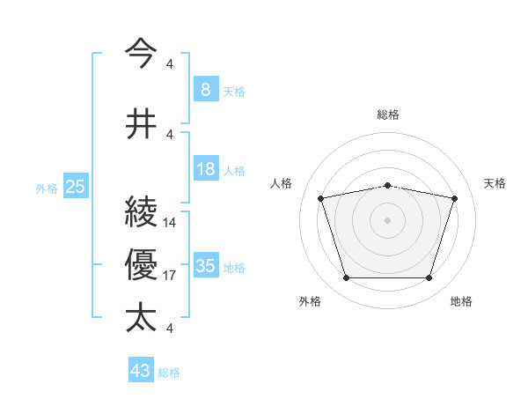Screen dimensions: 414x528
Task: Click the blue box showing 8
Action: click(205, 90)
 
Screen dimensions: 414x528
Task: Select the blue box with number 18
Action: click(205, 169)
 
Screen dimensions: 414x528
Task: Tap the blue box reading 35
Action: click(205, 266)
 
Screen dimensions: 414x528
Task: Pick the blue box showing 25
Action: click(75, 187)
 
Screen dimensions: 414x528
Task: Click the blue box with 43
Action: click(141, 371)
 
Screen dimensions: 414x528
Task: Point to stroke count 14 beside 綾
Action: click(171, 223)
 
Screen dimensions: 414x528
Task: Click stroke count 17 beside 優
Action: click(171, 276)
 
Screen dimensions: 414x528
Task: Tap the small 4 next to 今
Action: click(169, 63)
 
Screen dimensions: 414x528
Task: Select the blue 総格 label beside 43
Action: click(170, 373)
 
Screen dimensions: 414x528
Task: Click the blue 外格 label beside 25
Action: click(47, 188)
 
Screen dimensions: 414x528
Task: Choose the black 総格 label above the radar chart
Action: click(388, 115)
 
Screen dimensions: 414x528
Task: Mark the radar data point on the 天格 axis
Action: click(455, 198)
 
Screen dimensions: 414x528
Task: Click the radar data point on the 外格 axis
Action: click(346, 278)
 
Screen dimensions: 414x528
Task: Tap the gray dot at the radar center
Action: click(388, 220)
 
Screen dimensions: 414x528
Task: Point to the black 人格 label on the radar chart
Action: click(282, 183)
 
